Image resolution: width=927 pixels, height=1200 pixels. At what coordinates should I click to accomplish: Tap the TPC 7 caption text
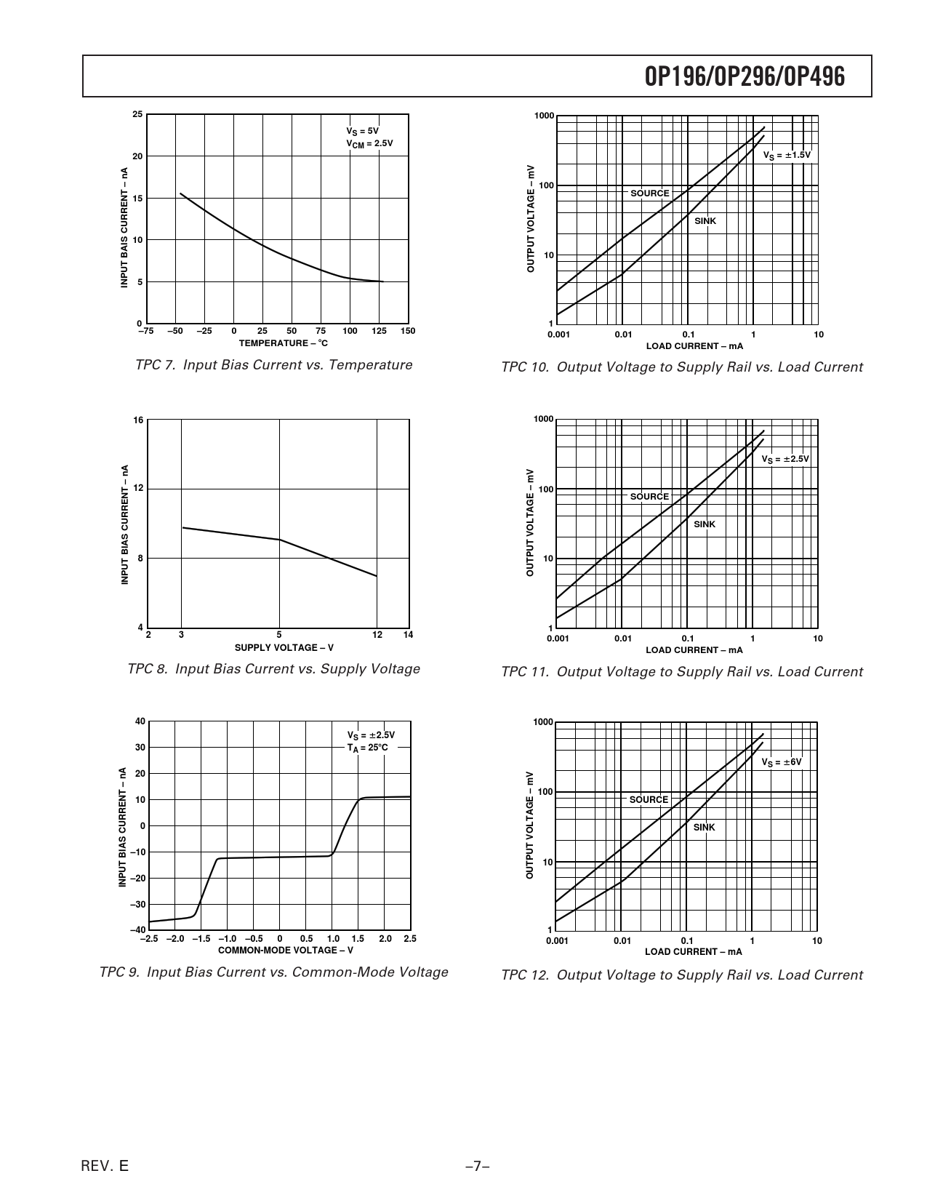pyautogui.click(x=273, y=365)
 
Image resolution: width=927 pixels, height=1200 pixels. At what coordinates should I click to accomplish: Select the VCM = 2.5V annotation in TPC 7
pyautogui.click(x=369, y=143)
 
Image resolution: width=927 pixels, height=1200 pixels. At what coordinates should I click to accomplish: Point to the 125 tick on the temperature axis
pyautogui.click(x=379, y=332)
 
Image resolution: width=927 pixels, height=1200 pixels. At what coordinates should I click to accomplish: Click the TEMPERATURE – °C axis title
pyautogui.click(x=284, y=343)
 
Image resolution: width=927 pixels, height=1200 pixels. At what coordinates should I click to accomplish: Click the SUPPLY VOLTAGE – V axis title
pyautogui.click(x=284, y=647)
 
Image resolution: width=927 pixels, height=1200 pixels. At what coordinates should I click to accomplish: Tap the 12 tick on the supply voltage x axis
pyautogui.click(x=377, y=635)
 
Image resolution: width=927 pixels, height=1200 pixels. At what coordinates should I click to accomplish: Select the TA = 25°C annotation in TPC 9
pyautogui.click(x=368, y=748)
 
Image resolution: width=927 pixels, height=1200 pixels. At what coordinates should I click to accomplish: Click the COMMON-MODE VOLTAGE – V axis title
pyautogui.click(x=286, y=950)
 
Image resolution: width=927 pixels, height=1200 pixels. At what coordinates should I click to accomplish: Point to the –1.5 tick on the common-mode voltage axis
pyautogui.click(x=201, y=939)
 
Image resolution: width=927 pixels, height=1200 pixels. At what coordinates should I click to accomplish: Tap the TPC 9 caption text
pyautogui.click(x=273, y=972)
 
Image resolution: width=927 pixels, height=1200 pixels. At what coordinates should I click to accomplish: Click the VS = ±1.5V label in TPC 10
pyautogui.click(x=787, y=156)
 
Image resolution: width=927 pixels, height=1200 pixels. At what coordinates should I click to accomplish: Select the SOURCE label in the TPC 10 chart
pyautogui.click(x=650, y=193)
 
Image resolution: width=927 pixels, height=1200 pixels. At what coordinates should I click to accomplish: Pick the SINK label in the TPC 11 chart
pyautogui.click(x=705, y=524)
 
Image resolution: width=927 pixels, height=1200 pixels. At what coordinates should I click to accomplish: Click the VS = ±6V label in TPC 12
pyautogui.click(x=782, y=762)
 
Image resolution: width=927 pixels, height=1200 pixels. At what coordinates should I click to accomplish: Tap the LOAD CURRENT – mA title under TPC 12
pyautogui.click(x=694, y=951)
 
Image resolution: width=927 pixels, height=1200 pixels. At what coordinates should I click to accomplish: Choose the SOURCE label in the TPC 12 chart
pyautogui.click(x=649, y=799)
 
